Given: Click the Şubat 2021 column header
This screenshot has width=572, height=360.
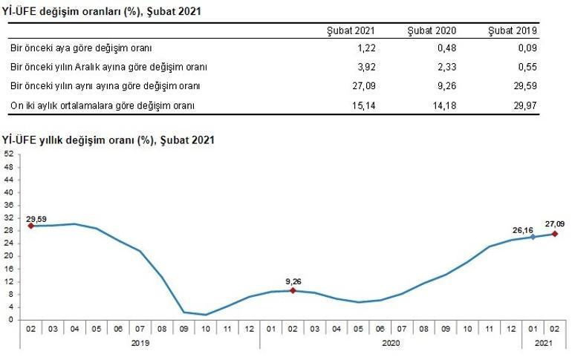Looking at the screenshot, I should coord(351,30).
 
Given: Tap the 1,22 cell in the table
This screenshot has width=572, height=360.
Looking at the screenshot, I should coord(365,48).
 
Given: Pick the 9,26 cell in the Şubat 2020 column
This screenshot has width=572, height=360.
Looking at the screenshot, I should coord(445,86).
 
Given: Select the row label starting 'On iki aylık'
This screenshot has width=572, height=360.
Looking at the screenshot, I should coord(103,105).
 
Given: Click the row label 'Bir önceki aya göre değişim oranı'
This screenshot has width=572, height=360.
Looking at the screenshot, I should coord(81,48).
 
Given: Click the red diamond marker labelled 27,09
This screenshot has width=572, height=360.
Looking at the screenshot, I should coord(554,234).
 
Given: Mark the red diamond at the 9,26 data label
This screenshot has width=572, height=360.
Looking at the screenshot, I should coord(293,290).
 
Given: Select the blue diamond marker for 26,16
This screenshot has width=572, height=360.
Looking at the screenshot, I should coord(532,237).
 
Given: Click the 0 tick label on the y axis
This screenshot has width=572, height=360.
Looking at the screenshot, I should coord(10,320).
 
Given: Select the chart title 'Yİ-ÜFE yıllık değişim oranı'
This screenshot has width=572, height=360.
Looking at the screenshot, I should coord(108,139).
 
